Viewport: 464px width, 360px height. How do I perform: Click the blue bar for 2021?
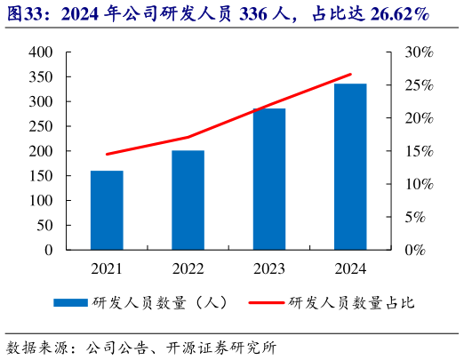pos(107,210)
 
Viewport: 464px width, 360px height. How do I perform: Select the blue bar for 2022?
pos(188,200)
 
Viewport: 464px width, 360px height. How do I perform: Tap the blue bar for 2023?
pos(269,179)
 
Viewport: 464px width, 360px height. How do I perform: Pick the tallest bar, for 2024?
pos(350,166)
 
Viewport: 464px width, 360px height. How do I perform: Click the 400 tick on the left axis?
pos(41,52)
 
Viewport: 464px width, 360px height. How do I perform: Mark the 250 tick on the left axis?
pos(41,126)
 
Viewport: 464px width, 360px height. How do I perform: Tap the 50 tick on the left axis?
pos(44,225)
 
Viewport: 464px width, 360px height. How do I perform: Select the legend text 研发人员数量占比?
pos(351,303)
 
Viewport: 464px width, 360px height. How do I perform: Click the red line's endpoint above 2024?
pos(350,75)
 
